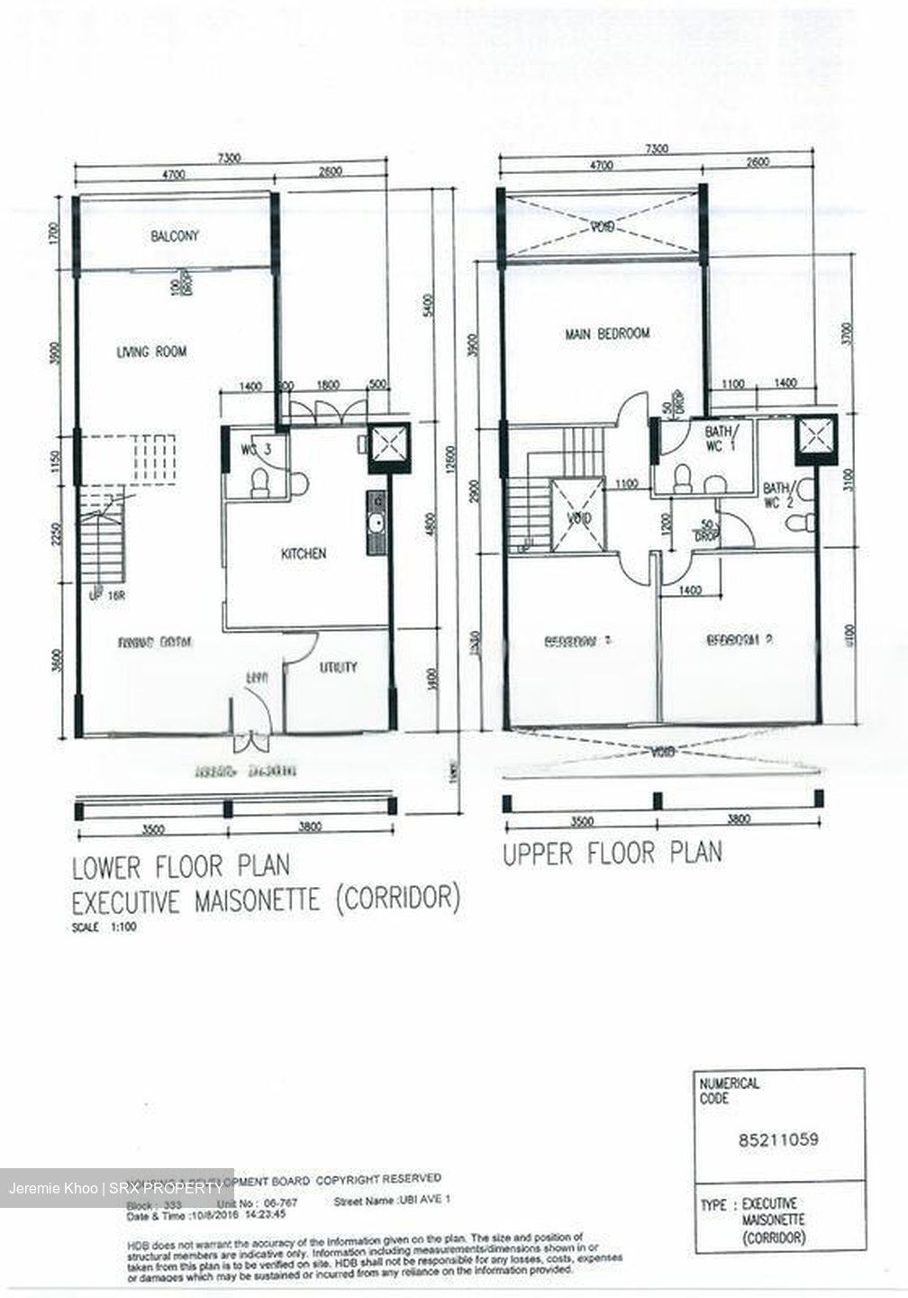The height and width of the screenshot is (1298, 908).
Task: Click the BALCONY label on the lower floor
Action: (x=175, y=236)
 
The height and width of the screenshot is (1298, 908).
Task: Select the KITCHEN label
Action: (x=304, y=553)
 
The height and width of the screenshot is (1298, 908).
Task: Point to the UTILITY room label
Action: (x=338, y=668)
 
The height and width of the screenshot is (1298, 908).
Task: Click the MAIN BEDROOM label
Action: (x=607, y=334)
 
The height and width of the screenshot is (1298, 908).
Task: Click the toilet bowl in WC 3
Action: (x=260, y=483)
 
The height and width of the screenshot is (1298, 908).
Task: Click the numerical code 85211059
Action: (x=778, y=1139)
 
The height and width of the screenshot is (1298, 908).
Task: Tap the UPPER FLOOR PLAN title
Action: (x=612, y=853)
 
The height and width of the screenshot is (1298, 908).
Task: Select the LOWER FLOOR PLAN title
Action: (x=181, y=867)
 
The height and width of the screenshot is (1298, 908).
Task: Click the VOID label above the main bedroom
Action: (x=603, y=227)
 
